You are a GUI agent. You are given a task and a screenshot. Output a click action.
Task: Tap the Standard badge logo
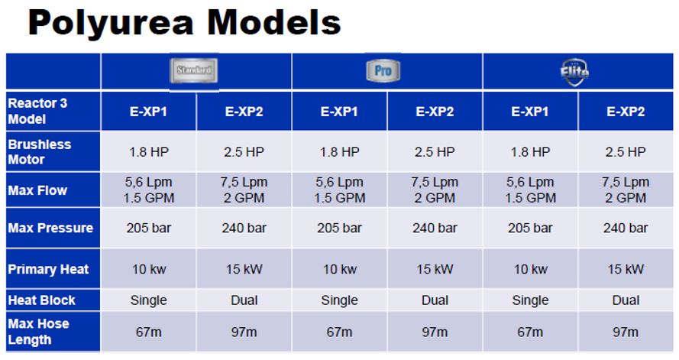pos(193,70)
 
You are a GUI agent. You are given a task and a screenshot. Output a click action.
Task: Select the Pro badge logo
pos(383,70)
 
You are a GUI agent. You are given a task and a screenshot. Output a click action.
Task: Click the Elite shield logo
pos(574,72)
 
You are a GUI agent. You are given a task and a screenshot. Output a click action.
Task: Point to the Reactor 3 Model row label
pos(37,111)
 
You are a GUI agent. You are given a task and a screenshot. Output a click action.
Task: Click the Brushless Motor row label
pos(39,151)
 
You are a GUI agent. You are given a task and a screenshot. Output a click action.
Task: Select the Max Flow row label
pos(37,190)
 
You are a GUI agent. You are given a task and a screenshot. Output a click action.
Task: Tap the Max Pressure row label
pos(50,228)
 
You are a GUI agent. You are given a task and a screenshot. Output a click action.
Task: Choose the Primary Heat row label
pos(48,269)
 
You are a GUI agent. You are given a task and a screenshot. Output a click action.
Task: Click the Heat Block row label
pos(41,300)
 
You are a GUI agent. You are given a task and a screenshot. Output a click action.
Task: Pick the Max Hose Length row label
pos(38,332)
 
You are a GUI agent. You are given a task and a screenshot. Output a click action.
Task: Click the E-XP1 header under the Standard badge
pos(148,112)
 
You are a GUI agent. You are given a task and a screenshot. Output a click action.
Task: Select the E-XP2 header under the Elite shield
pos(626,112)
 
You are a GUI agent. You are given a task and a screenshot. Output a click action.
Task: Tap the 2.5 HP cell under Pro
pos(435,152)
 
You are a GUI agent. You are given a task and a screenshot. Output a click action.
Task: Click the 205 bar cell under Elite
pos(530,228)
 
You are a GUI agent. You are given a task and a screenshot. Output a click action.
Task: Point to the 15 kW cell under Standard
pos(244,269)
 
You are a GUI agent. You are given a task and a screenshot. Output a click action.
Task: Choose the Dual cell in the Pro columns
pos(435,300)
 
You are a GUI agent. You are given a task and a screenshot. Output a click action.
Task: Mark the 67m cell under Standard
pos(148,332)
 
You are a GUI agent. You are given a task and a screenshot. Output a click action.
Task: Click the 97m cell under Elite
pos(626,332)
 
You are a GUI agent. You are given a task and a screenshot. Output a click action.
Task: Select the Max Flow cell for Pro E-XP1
pos(339,190)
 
